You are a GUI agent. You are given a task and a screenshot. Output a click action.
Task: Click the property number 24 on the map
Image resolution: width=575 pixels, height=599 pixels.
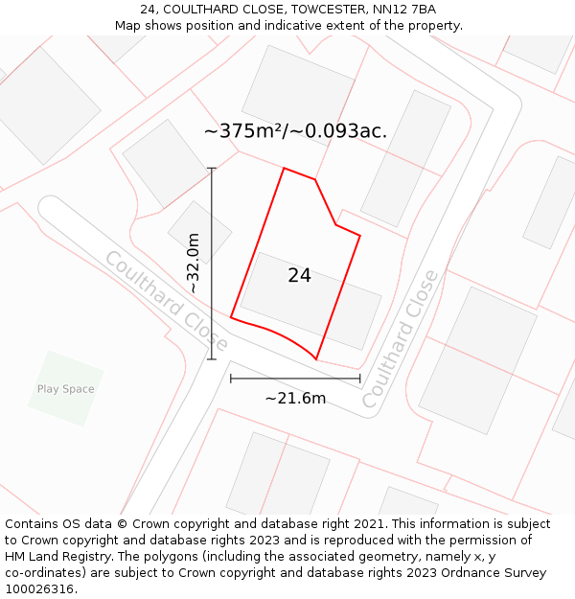(x=299, y=276)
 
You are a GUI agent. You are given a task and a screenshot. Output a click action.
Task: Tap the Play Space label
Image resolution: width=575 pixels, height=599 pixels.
(x=65, y=389)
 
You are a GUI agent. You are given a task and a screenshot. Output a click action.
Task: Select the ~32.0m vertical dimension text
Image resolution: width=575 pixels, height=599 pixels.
(x=194, y=264)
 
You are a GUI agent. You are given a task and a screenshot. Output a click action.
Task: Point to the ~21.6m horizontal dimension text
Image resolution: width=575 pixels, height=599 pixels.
(x=295, y=398)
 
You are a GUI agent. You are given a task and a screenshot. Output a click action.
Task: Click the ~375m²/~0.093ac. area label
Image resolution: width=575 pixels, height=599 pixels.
(x=295, y=131)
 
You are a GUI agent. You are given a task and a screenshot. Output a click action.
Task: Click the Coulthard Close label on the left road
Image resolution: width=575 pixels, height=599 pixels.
(x=166, y=301)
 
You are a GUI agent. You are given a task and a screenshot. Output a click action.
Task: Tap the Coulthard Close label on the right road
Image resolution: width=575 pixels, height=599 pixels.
(x=400, y=339)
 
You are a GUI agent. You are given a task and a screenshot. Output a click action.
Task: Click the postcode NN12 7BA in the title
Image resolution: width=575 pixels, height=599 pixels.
(x=408, y=10)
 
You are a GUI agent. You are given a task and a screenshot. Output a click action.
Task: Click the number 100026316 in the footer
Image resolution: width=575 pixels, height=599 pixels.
(x=39, y=589)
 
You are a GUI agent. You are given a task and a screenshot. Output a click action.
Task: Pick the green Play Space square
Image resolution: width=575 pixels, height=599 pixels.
(x=65, y=388)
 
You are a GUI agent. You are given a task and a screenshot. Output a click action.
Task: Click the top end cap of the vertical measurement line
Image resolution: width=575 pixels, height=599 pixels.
(x=212, y=169)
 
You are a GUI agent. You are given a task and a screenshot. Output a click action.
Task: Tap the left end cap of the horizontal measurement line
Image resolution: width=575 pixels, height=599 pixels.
(x=231, y=379)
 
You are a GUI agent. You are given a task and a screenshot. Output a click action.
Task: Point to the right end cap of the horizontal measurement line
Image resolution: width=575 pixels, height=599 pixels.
(x=360, y=379)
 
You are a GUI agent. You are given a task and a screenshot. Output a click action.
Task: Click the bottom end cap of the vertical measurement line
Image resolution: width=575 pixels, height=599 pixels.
(x=212, y=359)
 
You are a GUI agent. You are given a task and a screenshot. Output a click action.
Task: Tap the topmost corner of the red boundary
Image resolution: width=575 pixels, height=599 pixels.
(x=285, y=169)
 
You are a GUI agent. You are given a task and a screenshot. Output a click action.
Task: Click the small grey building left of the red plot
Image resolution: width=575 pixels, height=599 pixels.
(x=199, y=232)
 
